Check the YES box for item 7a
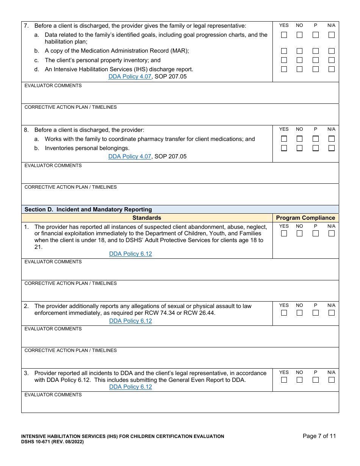284,35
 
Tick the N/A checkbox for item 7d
332,69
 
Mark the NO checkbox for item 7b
299,51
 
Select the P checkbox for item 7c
315,60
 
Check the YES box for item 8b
284,148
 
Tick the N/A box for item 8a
332,139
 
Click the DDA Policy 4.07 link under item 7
130,77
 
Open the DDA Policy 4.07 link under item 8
130,156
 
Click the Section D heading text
88,210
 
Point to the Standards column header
147,218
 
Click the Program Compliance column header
305,218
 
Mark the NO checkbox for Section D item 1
299,234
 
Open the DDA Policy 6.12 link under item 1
130,254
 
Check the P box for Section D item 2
315,313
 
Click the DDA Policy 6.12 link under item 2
130,321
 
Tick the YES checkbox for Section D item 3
284,380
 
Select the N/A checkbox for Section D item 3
332,380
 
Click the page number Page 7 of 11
319,436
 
